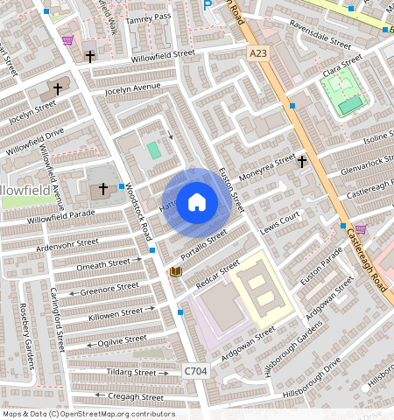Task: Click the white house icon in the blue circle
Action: coord(198,202)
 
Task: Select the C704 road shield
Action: coord(196,372)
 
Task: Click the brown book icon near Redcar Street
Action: coord(175,272)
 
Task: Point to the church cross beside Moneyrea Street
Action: coord(301,161)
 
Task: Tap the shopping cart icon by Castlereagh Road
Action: coord(360,228)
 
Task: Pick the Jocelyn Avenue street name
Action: coord(132,87)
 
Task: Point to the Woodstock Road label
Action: coord(138,212)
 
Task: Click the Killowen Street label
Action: coord(115,311)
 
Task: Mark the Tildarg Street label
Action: coord(131,372)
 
